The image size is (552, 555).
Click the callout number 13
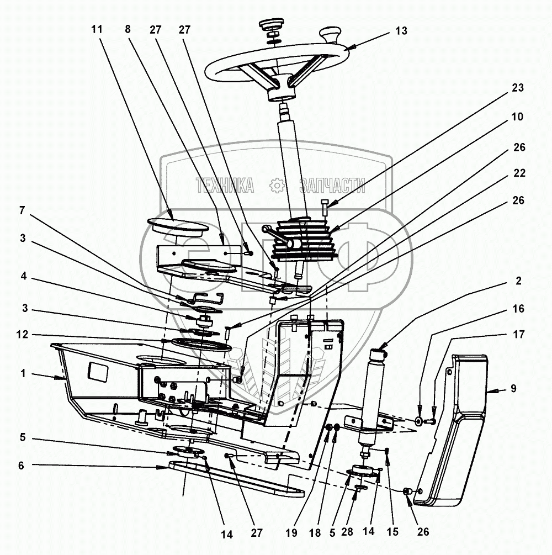tap(401, 31)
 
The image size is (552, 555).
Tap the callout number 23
tap(518, 88)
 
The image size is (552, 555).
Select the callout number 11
tap(97, 30)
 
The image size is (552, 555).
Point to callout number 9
tap(513, 388)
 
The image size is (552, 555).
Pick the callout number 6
tap(21, 466)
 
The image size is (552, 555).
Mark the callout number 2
tap(518, 281)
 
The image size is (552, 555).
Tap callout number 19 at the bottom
tap(291, 532)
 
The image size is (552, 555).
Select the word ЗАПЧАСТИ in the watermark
tap(332, 186)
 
